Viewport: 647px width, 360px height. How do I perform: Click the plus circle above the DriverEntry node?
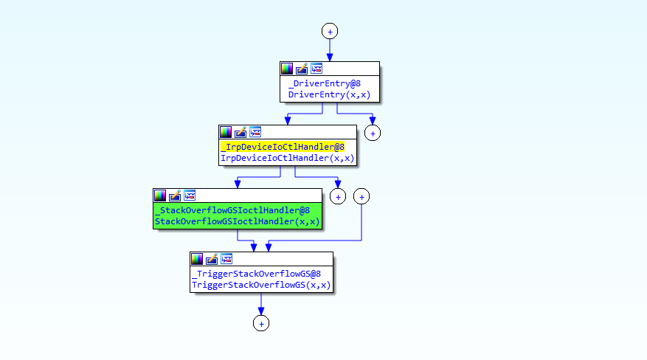tap(330, 31)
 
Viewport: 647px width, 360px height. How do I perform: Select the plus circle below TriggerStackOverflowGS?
tap(261, 323)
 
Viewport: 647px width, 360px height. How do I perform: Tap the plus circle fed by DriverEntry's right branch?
tap(373, 134)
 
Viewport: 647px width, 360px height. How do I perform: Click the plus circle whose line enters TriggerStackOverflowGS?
tap(361, 197)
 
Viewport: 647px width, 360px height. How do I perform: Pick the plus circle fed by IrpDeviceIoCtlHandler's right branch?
tap(338, 197)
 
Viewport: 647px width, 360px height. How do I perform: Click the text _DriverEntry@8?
tap(325, 83)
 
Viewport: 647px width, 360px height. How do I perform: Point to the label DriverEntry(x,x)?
tap(329, 94)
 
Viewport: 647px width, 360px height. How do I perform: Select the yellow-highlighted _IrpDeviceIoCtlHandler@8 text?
tap(283, 147)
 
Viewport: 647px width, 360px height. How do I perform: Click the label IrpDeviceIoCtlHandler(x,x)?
tap(287, 158)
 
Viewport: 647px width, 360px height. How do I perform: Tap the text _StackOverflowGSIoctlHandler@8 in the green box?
tap(232, 210)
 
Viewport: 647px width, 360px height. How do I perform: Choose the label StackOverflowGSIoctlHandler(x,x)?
tap(238, 221)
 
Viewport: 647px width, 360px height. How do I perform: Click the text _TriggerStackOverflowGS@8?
tap(256, 274)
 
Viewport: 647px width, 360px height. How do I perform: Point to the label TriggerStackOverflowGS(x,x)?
tap(261, 285)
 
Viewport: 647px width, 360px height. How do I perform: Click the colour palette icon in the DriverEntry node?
tap(287, 69)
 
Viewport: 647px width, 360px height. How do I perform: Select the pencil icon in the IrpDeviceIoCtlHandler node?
tap(241, 132)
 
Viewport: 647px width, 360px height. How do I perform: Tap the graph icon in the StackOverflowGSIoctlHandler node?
tap(190, 195)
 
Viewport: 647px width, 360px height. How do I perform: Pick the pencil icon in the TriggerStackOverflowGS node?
tap(212, 259)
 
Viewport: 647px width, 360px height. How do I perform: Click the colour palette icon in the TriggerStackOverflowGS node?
tap(197, 259)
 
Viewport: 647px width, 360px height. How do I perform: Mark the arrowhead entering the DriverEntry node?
tap(330, 58)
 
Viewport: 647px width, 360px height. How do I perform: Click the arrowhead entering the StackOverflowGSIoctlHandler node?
tap(238, 184)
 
